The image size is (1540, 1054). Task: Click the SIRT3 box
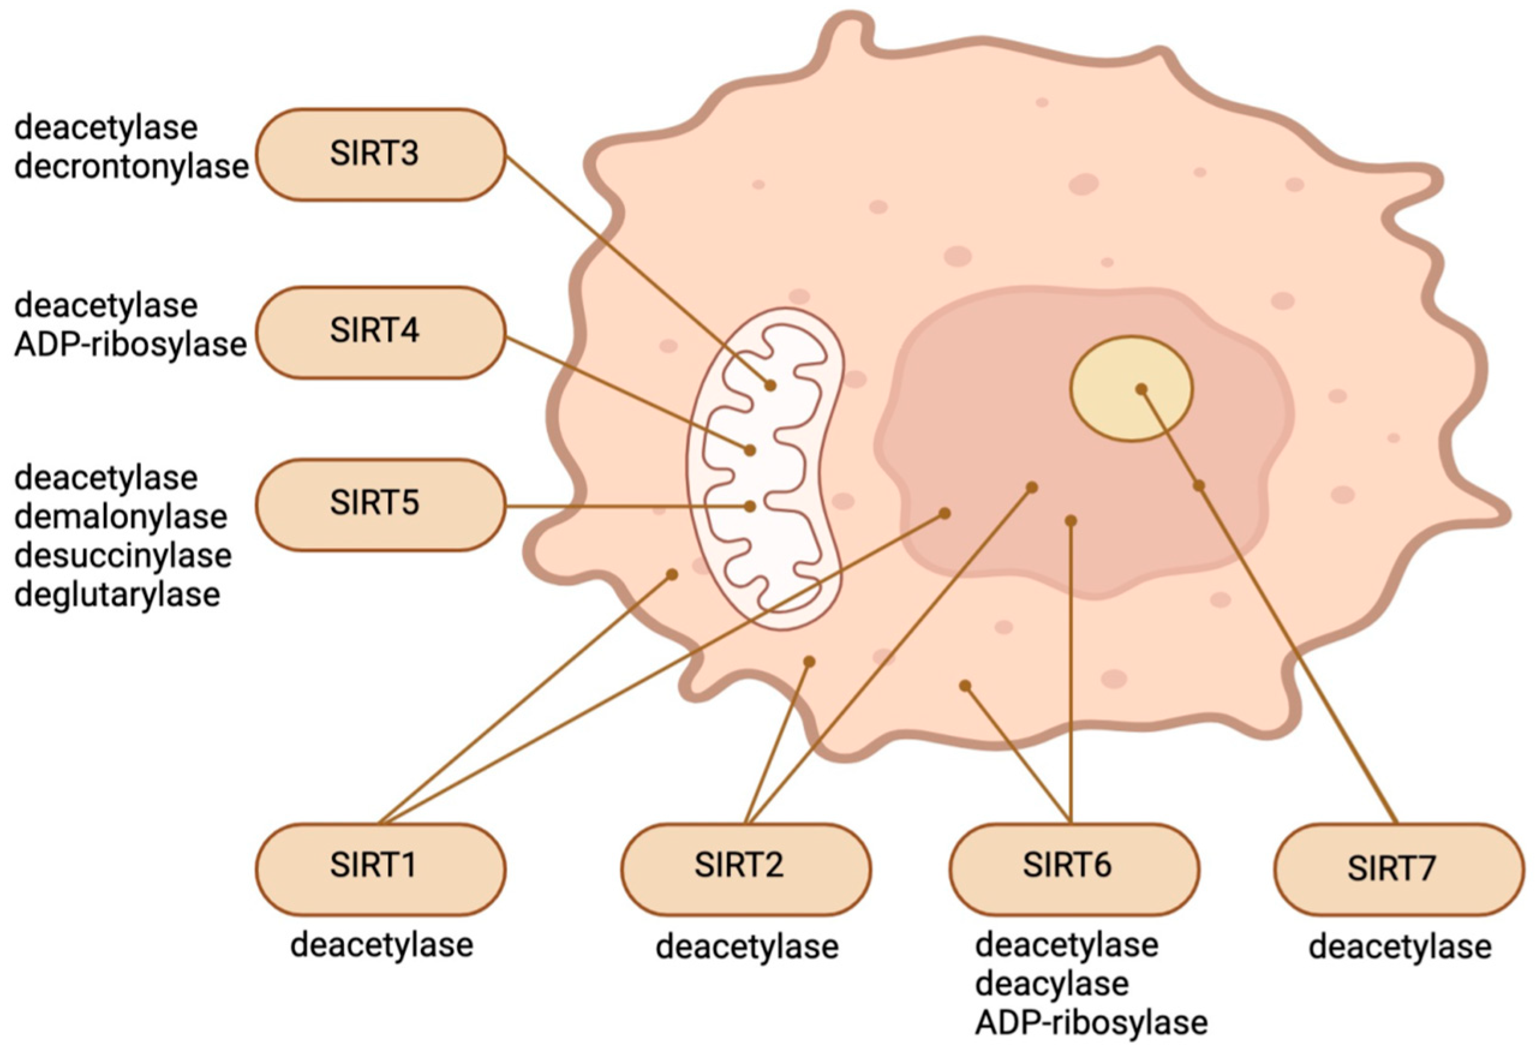pos(381,154)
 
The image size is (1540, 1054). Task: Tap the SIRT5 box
pos(381,504)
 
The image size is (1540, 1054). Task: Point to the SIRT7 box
pos(1398,869)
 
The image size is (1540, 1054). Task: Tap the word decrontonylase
pos(131,167)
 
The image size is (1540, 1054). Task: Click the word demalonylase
pos(121,517)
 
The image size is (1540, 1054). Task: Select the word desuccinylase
pos(122,556)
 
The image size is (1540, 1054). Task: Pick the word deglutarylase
pos(116,595)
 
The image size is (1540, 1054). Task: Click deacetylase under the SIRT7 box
pos(1400,947)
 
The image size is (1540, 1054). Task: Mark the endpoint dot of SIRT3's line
pos(770,385)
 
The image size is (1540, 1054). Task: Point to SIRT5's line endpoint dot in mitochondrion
pos(749,507)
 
